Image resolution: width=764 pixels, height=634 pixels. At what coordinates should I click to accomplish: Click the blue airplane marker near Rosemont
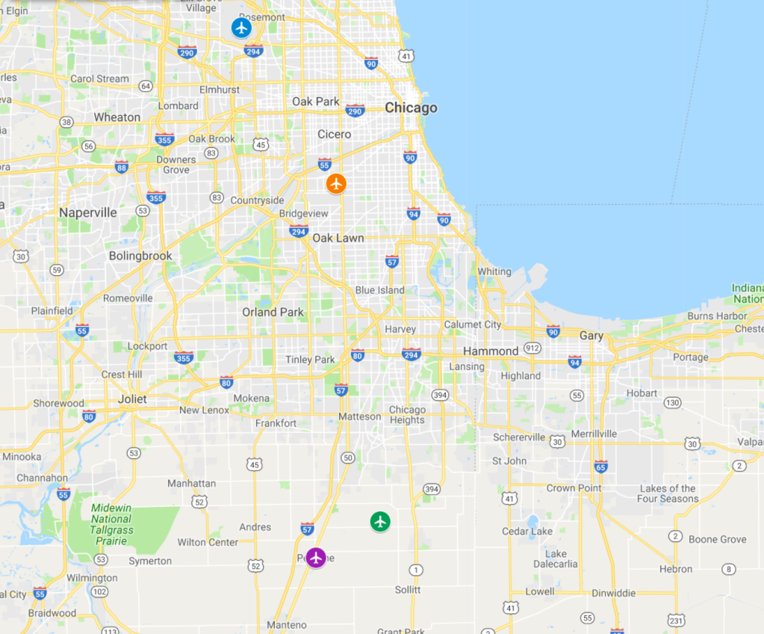(x=240, y=28)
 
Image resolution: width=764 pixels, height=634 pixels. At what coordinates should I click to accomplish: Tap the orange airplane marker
(x=336, y=183)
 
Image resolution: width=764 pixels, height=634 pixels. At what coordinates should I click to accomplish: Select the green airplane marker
(x=381, y=521)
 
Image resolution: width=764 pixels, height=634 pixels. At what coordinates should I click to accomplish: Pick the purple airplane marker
(x=317, y=557)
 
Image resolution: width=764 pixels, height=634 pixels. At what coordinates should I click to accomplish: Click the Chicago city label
(x=411, y=108)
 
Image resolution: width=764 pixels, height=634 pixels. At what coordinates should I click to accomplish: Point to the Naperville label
(x=88, y=212)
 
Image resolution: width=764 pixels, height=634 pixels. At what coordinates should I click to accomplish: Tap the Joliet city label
(x=132, y=398)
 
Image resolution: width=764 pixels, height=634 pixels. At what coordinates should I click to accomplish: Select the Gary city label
(x=591, y=336)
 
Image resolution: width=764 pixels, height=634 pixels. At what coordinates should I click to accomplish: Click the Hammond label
(x=491, y=351)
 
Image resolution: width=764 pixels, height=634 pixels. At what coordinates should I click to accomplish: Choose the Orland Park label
(x=272, y=312)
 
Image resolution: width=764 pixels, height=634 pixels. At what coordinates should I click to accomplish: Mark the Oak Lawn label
(x=338, y=238)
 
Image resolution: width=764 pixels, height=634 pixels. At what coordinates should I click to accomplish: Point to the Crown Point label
(x=571, y=488)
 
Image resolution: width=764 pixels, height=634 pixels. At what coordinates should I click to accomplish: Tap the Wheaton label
(x=117, y=117)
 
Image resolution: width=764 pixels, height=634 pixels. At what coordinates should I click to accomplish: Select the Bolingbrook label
(x=140, y=256)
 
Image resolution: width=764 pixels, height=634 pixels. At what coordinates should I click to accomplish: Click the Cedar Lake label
(x=527, y=532)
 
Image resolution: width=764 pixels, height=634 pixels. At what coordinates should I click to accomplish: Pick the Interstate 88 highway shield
(x=121, y=166)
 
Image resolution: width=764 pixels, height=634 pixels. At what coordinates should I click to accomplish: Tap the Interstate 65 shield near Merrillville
(x=600, y=467)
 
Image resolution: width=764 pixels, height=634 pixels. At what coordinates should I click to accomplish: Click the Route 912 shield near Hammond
(x=532, y=348)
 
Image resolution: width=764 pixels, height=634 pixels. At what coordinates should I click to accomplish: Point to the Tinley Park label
(x=310, y=360)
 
